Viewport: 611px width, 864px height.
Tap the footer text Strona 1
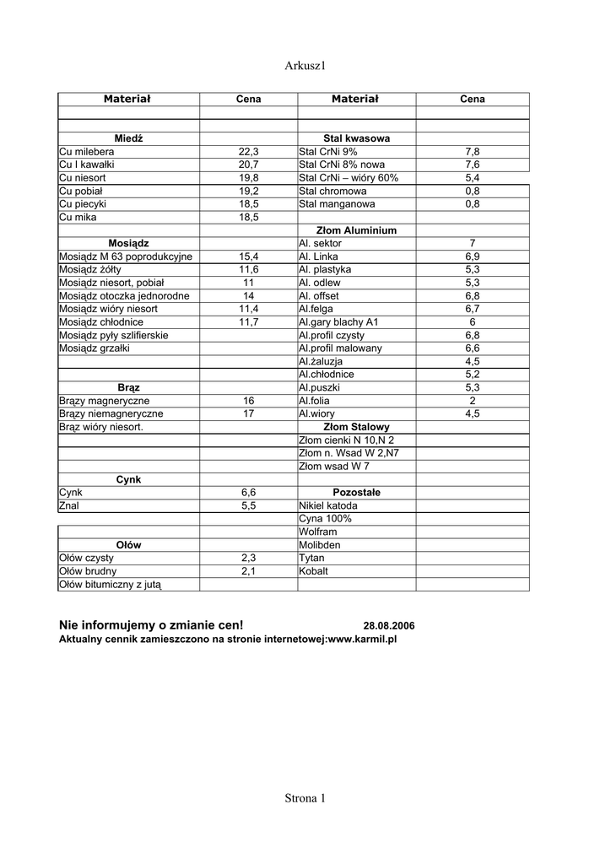(x=305, y=798)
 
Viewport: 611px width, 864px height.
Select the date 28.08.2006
(x=389, y=626)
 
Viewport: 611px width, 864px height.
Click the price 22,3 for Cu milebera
(x=248, y=152)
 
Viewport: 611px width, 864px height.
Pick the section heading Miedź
(x=128, y=138)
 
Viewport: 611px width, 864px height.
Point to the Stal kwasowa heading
(x=356, y=138)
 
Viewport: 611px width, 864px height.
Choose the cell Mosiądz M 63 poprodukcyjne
(x=126, y=256)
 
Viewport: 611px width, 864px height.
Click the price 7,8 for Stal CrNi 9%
(x=473, y=152)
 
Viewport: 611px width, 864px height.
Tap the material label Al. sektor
(x=321, y=243)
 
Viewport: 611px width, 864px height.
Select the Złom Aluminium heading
(x=356, y=230)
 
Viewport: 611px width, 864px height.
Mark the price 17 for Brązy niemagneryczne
(x=248, y=414)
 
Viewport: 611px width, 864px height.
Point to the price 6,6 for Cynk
(x=248, y=493)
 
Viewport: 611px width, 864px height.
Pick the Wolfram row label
(x=318, y=532)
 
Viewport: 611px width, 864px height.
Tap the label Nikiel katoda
(x=328, y=506)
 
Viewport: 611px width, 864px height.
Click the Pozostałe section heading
(x=356, y=493)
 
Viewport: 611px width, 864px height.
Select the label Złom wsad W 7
(x=334, y=467)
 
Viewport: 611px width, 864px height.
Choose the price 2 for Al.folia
(x=473, y=401)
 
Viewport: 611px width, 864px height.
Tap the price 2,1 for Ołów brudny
(x=248, y=571)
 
